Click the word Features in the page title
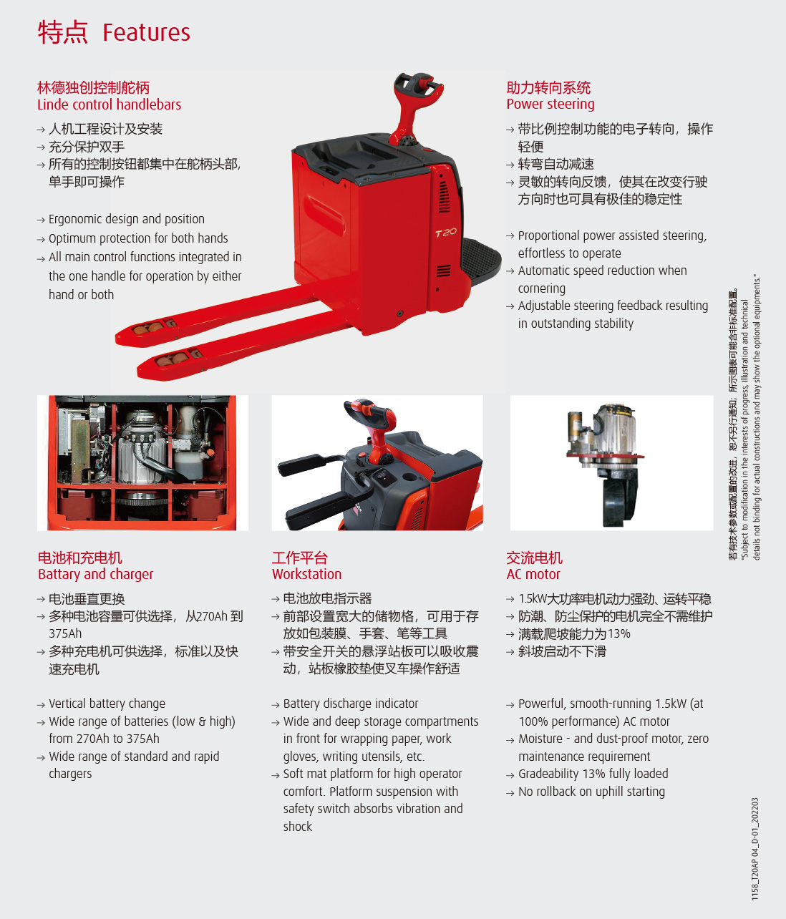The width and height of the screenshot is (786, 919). [146, 32]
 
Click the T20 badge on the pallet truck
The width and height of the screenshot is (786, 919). [445, 233]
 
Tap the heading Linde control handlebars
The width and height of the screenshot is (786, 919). [109, 104]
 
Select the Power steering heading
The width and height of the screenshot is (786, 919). [550, 104]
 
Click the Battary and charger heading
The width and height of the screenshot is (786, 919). [96, 574]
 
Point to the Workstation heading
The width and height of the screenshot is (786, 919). [307, 574]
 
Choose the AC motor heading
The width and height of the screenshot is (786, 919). [533, 574]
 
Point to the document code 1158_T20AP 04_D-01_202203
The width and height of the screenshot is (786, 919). [755, 849]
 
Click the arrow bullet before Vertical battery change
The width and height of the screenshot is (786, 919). [41, 705]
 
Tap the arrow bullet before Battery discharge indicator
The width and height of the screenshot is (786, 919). [275, 705]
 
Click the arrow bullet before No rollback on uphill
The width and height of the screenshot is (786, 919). [510, 793]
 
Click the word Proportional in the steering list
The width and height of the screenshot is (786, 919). [548, 235]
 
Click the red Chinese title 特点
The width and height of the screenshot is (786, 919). [63, 32]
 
